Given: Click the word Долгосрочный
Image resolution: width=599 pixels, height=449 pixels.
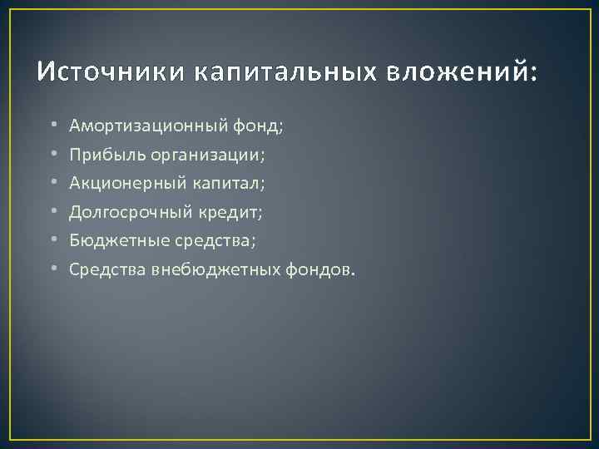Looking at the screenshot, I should click(131, 212).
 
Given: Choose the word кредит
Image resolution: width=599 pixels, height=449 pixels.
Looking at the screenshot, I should click(230, 212).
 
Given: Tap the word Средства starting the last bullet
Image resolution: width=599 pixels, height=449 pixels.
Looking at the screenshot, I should click(107, 269).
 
